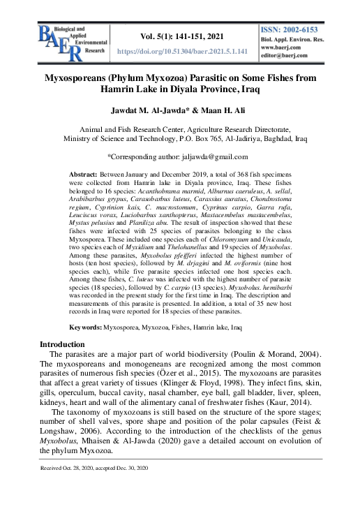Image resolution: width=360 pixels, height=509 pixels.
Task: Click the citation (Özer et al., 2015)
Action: pos(209,368)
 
